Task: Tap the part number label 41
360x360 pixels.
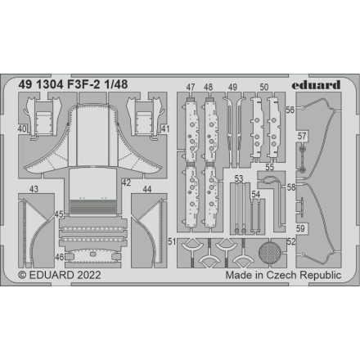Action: pyautogui.click(x=165, y=128)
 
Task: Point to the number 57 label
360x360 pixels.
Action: pyautogui.click(x=302, y=136)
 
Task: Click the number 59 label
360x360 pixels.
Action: pyautogui.click(x=302, y=229)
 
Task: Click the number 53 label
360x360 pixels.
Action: pyautogui.click(x=238, y=178)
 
